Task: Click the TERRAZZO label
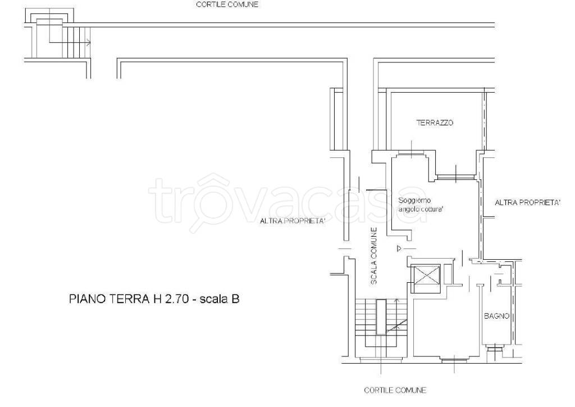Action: click(x=435, y=123)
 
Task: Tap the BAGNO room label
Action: click(x=496, y=316)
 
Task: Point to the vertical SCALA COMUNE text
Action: click(x=374, y=256)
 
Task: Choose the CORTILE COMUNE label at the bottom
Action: click(x=395, y=390)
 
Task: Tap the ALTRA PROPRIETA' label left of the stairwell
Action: click(x=293, y=221)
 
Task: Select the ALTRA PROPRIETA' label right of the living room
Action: click(x=528, y=202)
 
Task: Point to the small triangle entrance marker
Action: click(x=399, y=249)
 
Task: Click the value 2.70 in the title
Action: click(x=177, y=299)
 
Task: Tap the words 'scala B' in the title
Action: click(x=220, y=299)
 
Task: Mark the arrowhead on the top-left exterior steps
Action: click(x=89, y=43)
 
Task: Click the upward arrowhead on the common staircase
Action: click(x=396, y=301)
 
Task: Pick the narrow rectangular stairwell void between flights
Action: click(x=381, y=316)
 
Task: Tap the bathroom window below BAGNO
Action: click(x=494, y=347)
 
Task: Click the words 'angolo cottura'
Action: click(x=421, y=210)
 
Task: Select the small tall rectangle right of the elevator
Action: click(x=448, y=274)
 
